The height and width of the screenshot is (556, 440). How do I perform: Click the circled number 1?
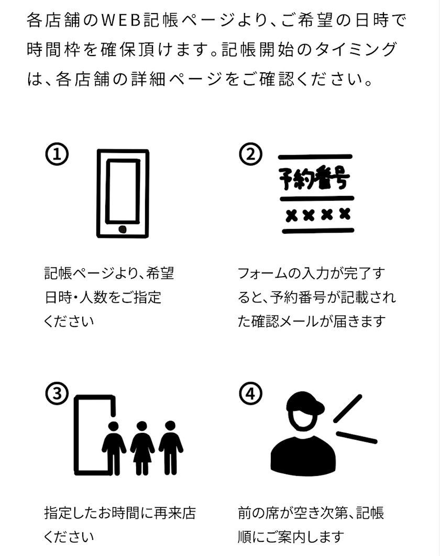coord(57,154)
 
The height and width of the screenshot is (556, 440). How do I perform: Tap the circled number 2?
coord(250,154)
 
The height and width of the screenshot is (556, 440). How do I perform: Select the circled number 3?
coord(57,394)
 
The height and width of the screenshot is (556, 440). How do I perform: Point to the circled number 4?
coord(250,394)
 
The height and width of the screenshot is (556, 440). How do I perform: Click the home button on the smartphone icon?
coord(123,229)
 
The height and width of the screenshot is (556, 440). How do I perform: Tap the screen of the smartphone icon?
coord(123,191)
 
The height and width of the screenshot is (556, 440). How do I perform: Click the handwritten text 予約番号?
coord(314,177)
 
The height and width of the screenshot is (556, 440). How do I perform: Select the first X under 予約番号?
coord(291,215)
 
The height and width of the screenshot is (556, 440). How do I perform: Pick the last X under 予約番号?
coord(345,214)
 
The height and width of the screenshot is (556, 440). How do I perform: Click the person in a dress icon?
coord(142,448)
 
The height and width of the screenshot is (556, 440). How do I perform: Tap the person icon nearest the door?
coord(114,448)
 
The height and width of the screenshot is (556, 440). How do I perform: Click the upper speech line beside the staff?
coord(348,408)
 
